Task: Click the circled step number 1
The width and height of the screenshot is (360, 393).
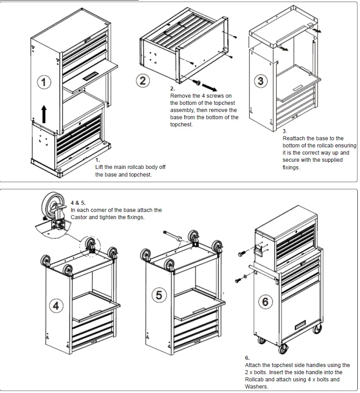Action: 43,82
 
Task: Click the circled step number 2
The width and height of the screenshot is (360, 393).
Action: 142,81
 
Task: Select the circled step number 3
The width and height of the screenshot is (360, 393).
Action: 261,81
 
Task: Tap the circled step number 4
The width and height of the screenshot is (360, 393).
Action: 56,306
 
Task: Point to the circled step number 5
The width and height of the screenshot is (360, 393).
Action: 159,295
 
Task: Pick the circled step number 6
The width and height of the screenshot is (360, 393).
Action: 265,301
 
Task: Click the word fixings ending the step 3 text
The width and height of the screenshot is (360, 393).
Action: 291,167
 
